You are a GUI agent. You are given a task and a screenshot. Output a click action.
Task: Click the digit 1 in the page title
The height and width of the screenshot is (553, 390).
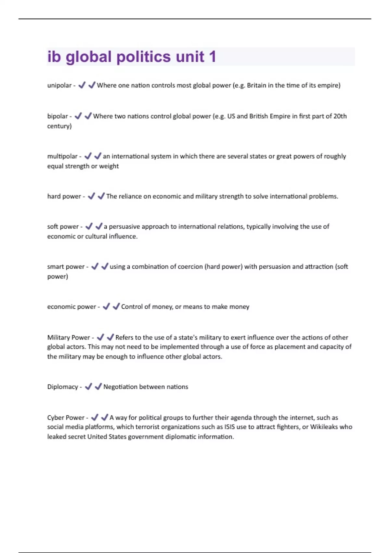pos(212,57)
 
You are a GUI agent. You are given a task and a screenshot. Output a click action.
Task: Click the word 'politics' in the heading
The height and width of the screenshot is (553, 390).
pos(144,57)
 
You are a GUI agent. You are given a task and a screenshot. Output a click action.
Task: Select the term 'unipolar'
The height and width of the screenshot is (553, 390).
pos(59,86)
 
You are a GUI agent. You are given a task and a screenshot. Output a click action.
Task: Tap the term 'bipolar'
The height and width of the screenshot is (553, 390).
pos(58,116)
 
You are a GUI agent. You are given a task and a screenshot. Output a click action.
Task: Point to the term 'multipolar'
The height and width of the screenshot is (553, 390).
pos(62,156)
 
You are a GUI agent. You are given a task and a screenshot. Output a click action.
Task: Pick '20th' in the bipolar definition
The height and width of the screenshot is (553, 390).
pos(340,116)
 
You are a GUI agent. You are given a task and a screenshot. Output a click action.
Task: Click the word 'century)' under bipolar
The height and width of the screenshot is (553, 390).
pos(59,126)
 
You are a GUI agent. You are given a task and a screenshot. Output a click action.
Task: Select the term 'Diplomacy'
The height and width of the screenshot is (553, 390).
pos(63,387)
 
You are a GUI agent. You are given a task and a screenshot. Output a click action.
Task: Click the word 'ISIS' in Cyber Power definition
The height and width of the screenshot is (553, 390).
pos(229,427)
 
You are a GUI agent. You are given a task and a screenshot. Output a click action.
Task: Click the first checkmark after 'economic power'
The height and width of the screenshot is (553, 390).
pos(106,306)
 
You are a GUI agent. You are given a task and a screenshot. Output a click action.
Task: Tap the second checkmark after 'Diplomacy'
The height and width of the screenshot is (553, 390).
pos(98,386)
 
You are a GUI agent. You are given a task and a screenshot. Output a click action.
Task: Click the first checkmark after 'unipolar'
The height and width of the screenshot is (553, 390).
pos(82,85)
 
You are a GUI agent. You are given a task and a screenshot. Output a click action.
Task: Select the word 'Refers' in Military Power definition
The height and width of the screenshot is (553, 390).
pos(124,337)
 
